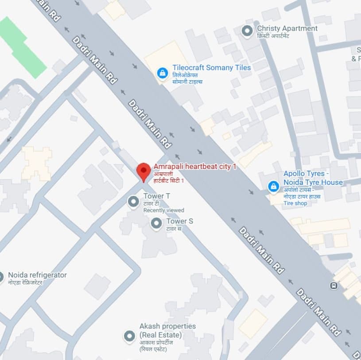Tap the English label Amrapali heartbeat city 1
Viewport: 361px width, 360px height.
195,167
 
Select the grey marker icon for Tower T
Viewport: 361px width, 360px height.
133,202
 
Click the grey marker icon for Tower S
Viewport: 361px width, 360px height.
156,223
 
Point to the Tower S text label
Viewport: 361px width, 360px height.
179,221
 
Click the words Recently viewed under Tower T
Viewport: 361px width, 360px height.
163,210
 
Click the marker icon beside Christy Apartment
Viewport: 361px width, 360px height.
247,31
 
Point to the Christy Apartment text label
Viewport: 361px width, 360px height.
287,28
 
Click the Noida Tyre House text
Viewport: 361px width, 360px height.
313,182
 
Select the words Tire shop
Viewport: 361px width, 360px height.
295,203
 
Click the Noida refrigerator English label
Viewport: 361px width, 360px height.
37,275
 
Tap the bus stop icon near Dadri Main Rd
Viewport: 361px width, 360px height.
333,286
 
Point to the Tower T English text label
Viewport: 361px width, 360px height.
156,196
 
